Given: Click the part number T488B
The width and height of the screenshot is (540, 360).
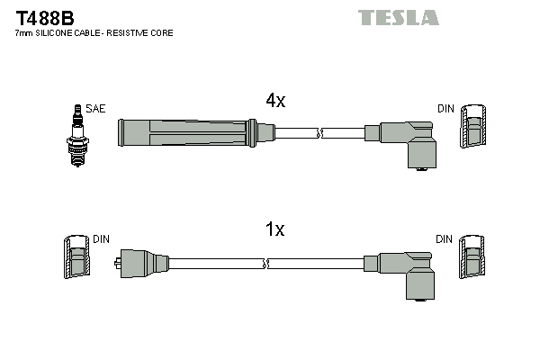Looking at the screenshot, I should coord(44,16).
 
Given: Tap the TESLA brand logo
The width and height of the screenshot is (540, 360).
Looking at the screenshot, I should coord(398,17).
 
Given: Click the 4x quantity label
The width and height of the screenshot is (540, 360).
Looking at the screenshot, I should coord(274,102).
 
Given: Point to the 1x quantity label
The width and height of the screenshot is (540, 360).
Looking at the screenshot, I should coord(274,229).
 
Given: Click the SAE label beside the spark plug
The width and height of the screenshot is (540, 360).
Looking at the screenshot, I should coord(96,109).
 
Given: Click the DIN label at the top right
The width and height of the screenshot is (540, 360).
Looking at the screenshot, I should coord(445,109).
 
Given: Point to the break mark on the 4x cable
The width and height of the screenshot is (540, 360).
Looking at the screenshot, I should coord(319,134).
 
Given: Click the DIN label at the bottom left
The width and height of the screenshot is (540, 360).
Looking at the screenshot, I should coord(101,239).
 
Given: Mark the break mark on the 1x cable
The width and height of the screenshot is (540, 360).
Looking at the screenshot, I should coord(267,264).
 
